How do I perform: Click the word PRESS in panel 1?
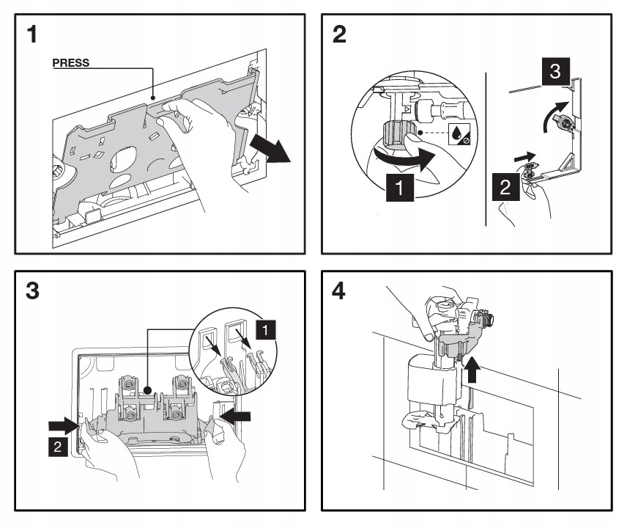point(71,63)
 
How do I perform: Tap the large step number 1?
point(32,34)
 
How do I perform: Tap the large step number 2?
point(339,34)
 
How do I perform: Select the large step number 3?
point(32,290)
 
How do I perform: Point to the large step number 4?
point(338,290)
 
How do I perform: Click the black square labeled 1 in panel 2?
point(399,187)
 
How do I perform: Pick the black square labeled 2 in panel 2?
point(505,187)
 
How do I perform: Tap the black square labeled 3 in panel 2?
point(555,71)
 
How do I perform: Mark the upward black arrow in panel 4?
point(472,369)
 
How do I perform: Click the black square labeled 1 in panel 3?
point(265,330)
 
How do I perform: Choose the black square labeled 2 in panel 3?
point(58,447)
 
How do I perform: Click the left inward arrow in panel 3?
point(63,425)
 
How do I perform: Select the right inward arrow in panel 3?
point(236,417)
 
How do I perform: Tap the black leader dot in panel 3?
point(147,389)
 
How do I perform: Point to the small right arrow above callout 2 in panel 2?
point(524,157)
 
